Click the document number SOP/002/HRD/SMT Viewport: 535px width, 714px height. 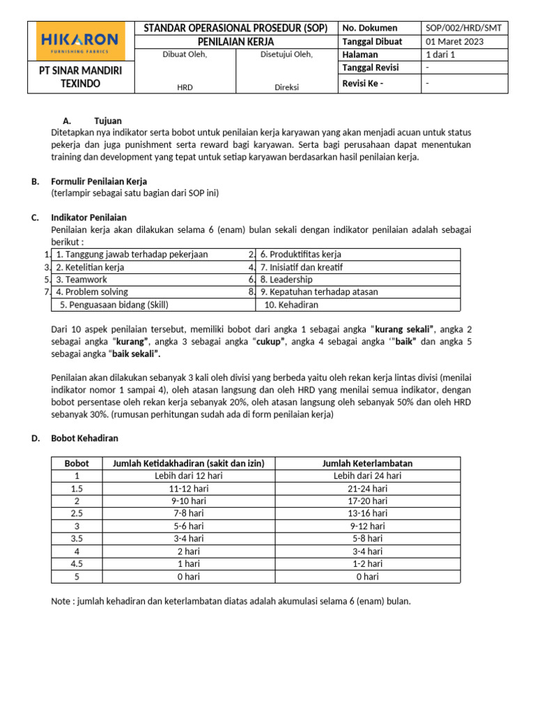(463, 28)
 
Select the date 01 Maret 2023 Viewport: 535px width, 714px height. (455, 41)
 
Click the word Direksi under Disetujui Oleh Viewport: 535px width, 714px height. (286, 87)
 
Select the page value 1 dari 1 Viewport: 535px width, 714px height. (440, 54)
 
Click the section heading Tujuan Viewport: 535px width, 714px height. (108, 121)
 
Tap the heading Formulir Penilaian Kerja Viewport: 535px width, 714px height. (99, 181)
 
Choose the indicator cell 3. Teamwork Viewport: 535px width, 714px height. (82, 280)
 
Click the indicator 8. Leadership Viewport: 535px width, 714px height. (286, 280)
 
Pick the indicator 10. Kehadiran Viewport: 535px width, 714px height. (291, 305)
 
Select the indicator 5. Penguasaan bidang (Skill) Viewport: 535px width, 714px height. (114, 305)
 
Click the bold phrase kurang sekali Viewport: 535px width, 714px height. (404, 328)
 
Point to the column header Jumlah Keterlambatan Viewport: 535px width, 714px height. (368, 464)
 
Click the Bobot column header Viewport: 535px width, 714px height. (77, 464)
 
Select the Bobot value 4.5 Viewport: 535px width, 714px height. (77, 563)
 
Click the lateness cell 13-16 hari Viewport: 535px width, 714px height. (368, 514)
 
